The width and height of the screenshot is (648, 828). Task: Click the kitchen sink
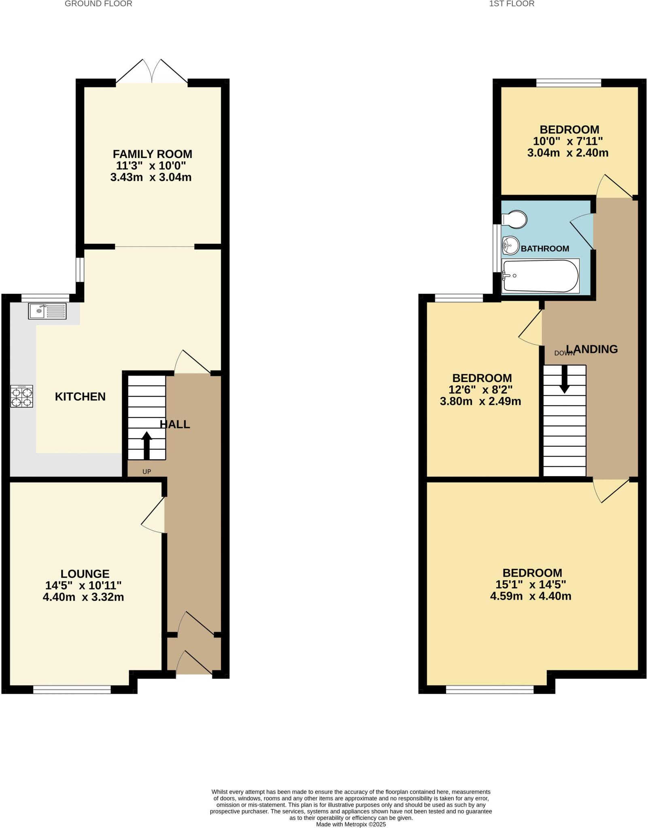click(x=47, y=311)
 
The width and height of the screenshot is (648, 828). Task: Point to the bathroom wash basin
click(x=511, y=245)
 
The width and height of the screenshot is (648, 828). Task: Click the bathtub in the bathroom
click(x=540, y=276)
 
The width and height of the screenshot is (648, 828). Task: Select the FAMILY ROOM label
click(x=152, y=154)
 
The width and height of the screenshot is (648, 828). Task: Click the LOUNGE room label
click(x=85, y=574)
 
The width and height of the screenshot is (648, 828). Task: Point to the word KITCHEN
click(x=80, y=397)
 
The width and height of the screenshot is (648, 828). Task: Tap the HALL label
click(x=175, y=425)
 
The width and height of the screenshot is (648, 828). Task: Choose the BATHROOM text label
click(x=545, y=249)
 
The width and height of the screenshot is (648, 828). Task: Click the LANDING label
click(x=592, y=349)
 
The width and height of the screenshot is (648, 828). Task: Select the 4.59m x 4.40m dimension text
click(x=531, y=596)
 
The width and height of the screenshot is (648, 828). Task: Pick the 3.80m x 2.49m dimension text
click(x=480, y=401)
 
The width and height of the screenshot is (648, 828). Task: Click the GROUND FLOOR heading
click(x=98, y=4)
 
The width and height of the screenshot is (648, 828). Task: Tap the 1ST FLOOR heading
click(x=512, y=4)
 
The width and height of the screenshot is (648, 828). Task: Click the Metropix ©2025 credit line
click(x=351, y=824)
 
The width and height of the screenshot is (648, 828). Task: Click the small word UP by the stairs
click(x=147, y=472)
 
